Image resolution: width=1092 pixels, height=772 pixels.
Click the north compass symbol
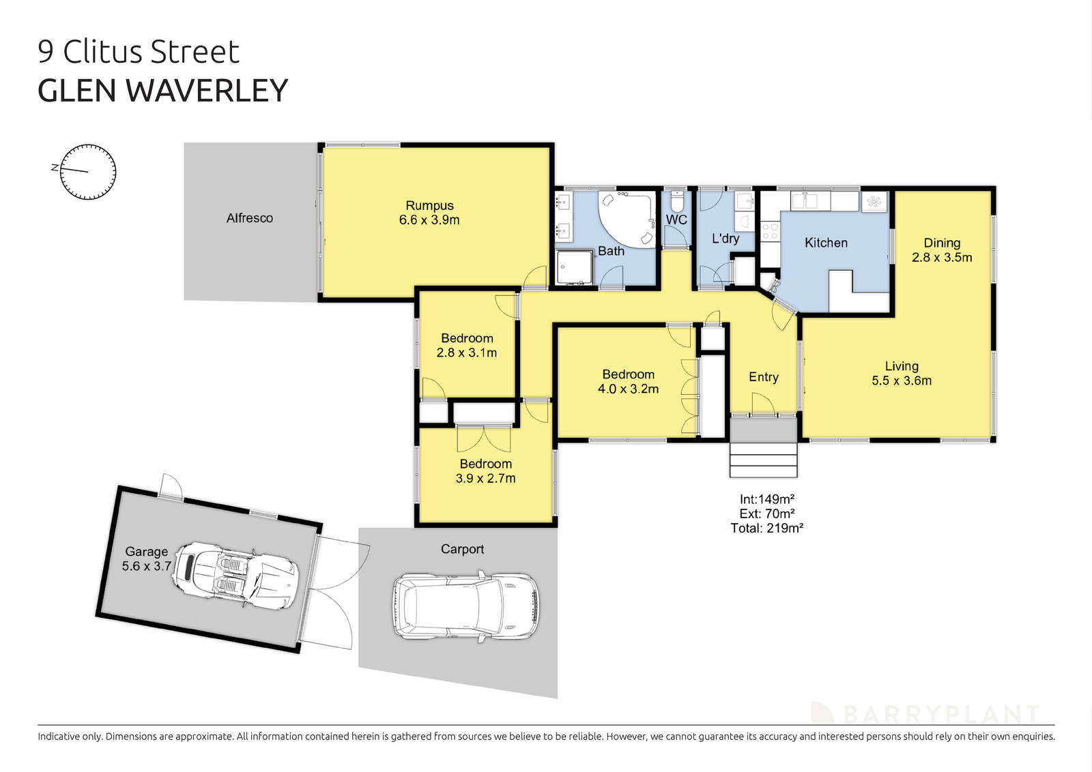pyautogui.click(x=88, y=172)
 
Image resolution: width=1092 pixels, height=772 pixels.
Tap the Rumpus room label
pyautogui.click(x=429, y=213)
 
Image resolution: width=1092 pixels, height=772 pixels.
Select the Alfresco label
pyautogui.click(x=250, y=218)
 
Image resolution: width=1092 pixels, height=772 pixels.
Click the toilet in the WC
pyautogui.click(x=676, y=203)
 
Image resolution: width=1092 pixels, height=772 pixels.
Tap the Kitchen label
pyautogui.click(x=826, y=243)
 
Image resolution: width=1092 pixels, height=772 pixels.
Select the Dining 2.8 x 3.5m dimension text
pyautogui.click(x=942, y=258)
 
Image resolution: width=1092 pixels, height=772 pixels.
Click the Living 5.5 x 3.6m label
pyautogui.click(x=902, y=374)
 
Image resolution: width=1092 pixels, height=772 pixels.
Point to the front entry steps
pyautogui.click(x=764, y=460)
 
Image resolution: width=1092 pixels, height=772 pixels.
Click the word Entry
pyautogui.click(x=763, y=377)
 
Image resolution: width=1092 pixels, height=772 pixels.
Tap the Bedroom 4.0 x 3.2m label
pyautogui.click(x=628, y=382)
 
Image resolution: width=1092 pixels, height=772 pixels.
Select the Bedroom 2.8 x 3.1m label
pyautogui.click(x=467, y=346)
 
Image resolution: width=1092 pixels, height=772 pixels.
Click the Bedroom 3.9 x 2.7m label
pyautogui.click(x=485, y=471)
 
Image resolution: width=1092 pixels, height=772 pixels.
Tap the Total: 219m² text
pyautogui.click(x=766, y=528)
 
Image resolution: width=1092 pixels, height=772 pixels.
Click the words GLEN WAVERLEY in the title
pyautogui.click(x=163, y=91)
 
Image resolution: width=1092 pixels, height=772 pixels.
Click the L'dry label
pyautogui.click(x=725, y=239)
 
